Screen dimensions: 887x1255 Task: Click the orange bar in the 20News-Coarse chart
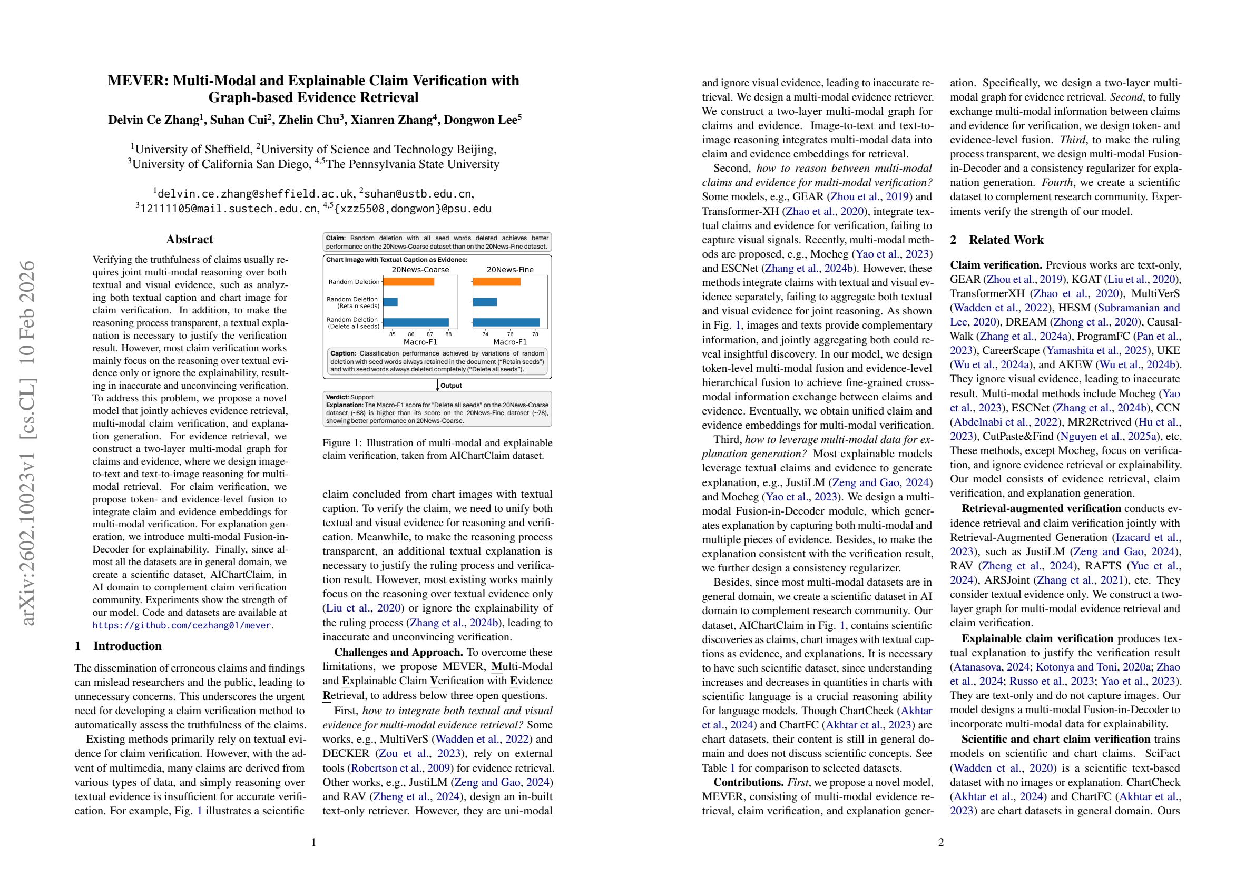[x=408, y=281]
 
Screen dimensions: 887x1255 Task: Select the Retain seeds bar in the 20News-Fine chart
[x=484, y=302]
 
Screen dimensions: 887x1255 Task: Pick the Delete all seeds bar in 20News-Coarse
[x=415, y=322]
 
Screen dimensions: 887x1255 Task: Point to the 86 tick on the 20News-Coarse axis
[x=411, y=334]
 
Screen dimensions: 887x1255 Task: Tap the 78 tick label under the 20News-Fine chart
[x=535, y=334]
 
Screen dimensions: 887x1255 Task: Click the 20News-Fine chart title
[x=510, y=270]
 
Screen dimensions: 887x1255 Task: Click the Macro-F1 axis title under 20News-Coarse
[x=420, y=342]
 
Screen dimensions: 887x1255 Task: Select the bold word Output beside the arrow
[x=451, y=385]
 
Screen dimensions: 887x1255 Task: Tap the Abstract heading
[x=189, y=239]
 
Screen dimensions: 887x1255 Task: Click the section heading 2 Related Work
[x=996, y=240]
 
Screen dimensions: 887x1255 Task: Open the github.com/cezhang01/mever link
[x=181, y=625]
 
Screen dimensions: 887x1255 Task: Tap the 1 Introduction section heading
[x=118, y=646]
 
